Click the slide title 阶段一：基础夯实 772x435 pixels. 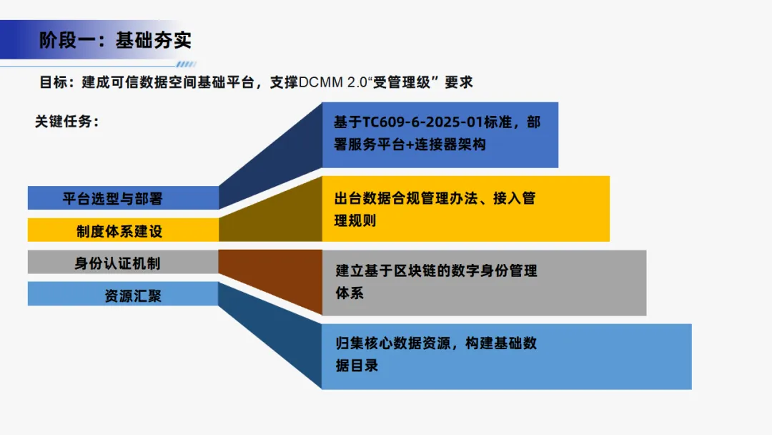pos(115,39)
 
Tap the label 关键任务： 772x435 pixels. pos(66,122)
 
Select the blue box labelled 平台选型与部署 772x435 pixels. pos(123,198)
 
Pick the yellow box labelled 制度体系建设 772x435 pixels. pos(123,230)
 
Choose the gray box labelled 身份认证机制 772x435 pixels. pos(123,263)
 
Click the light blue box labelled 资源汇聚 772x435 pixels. pos(123,295)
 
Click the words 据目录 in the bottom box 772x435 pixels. pos(357,366)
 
